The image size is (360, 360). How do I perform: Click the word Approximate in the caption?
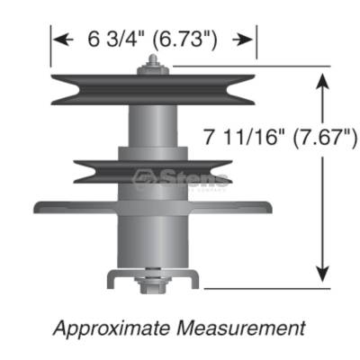tap(113, 326)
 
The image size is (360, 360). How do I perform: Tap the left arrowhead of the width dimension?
tap(60, 40)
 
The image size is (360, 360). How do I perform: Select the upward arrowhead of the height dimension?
tap(321, 81)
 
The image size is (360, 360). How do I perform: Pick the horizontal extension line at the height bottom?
tap(270, 289)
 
